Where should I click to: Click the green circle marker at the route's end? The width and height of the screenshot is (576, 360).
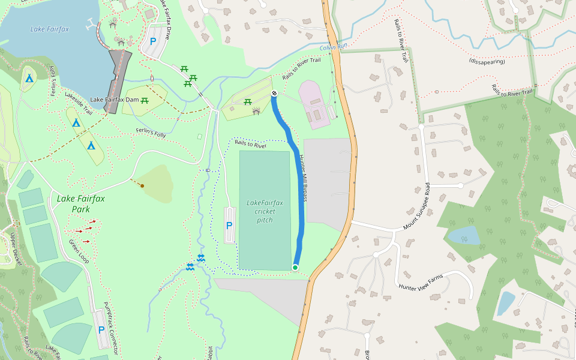click(x=295, y=268)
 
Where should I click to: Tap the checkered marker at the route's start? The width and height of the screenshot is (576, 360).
click(x=274, y=94)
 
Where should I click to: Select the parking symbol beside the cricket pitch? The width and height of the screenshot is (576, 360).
click(x=229, y=226)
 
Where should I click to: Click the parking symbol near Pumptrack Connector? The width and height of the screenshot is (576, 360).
click(x=101, y=330)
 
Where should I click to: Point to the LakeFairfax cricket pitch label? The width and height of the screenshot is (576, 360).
click(x=265, y=211)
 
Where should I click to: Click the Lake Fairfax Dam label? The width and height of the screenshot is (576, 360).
click(x=114, y=100)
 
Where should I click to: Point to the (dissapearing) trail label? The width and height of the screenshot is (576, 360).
click(x=488, y=61)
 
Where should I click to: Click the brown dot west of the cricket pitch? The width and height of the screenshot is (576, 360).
click(x=142, y=186)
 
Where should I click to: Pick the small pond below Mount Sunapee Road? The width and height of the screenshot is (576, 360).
click(x=464, y=235)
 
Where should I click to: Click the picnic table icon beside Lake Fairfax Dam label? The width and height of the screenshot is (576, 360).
click(x=145, y=101)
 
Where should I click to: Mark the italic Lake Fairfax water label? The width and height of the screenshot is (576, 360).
click(x=50, y=29)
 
